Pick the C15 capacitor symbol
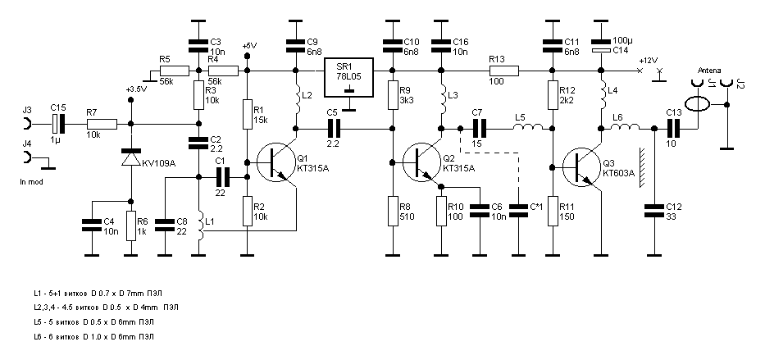click(x=58, y=125)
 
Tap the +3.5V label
click(x=136, y=89)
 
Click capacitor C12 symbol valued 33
click(x=655, y=210)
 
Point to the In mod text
click(x=32, y=180)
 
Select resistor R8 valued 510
click(x=394, y=210)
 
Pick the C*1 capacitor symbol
click(x=518, y=210)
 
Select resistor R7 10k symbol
click(x=102, y=125)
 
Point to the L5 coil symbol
click(x=529, y=128)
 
